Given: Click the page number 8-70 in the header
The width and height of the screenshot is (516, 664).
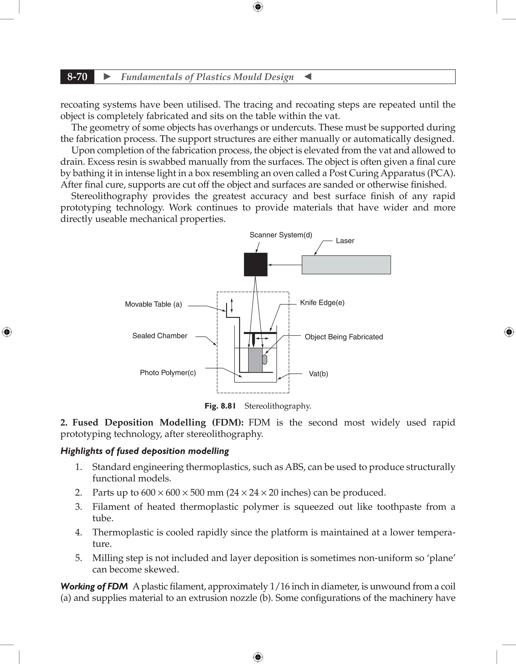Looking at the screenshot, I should click(x=77, y=77).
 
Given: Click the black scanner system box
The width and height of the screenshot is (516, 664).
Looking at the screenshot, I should click(x=255, y=264).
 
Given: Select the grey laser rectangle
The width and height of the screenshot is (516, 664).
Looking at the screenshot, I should click(x=346, y=265).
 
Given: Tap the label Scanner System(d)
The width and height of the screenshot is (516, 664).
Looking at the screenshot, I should click(x=281, y=235).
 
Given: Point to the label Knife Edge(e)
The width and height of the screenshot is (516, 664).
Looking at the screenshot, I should click(x=322, y=303).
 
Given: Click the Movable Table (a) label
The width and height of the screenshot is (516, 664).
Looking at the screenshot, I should click(x=153, y=304).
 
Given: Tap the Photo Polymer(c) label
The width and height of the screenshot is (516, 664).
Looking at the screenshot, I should click(x=168, y=373).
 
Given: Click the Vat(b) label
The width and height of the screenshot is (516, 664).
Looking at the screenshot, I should click(x=318, y=374).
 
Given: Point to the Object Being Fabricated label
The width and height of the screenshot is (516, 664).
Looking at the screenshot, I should click(x=344, y=337).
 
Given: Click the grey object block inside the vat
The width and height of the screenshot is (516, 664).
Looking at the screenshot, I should click(x=255, y=360).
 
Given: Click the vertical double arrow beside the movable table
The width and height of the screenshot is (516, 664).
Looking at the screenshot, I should click(x=232, y=306).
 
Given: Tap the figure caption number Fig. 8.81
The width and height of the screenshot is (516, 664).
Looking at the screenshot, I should click(x=220, y=406).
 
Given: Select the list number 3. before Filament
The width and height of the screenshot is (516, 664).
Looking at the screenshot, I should click(x=78, y=507).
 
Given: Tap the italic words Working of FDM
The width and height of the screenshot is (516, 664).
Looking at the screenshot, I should click(x=94, y=586).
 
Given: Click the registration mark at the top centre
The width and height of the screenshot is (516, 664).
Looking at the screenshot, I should click(x=258, y=7).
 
